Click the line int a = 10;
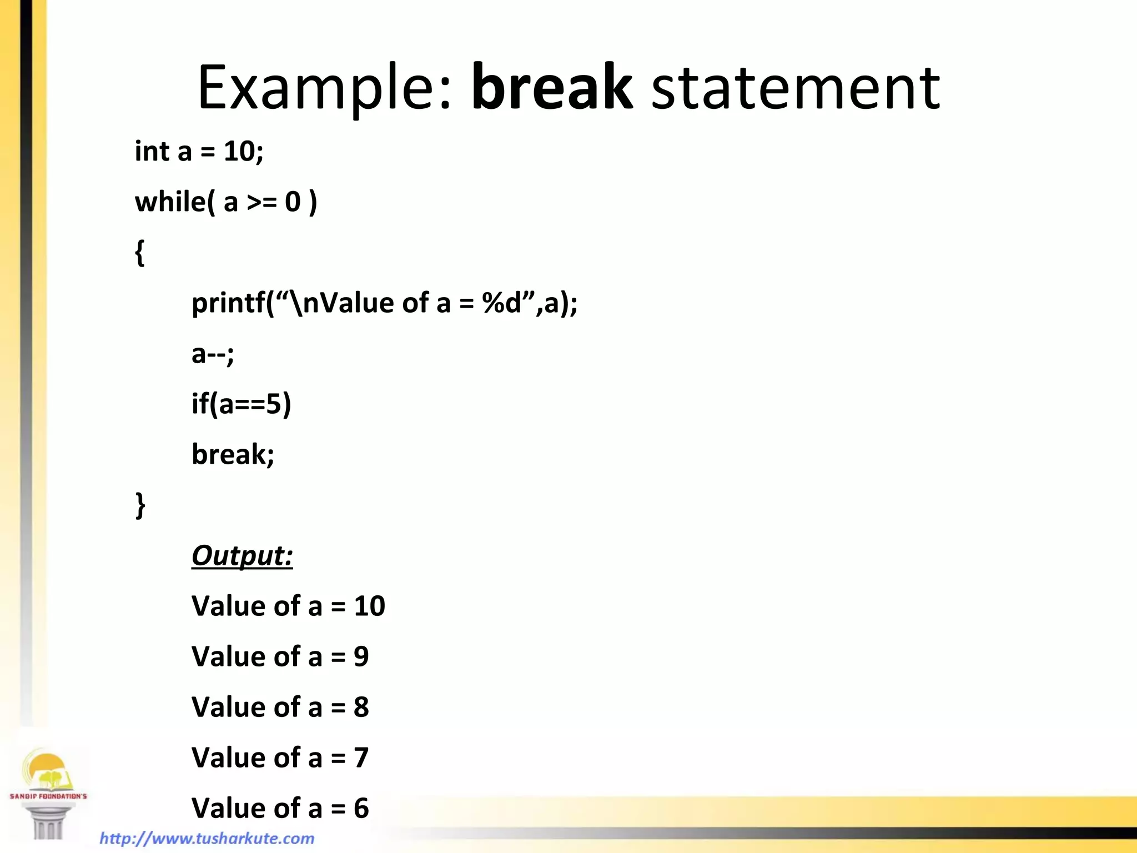199,151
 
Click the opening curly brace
140,253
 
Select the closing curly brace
140,505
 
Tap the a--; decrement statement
213,354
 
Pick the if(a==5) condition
241,404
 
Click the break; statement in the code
233,454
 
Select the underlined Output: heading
242,555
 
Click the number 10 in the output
369,606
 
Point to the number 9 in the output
361,656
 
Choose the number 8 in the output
361,707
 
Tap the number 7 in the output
361,757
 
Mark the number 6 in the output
361,808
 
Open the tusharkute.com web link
207,838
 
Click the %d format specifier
502,303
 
